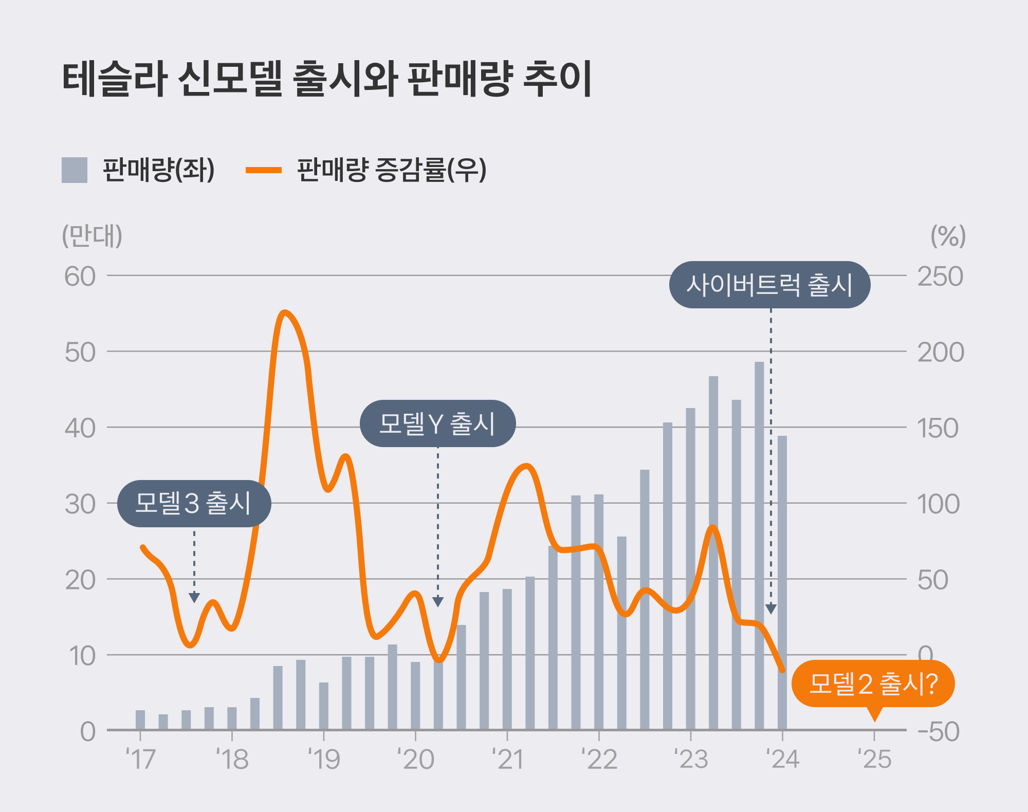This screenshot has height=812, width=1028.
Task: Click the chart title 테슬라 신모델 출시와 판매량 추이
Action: [327, 79]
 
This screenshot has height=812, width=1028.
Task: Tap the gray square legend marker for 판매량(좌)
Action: [75, 170]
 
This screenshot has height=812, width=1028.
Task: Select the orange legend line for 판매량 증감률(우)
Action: [263, 170]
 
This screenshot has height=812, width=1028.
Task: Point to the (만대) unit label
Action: [92, 236]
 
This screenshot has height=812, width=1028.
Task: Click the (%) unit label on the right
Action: [948, 236]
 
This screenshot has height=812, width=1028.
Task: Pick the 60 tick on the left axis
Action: [80, 276]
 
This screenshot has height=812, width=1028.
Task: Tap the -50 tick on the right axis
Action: [939, 731]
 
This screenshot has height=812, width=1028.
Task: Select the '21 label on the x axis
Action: [508, 759]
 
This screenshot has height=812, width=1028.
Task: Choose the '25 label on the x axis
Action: [875, 759]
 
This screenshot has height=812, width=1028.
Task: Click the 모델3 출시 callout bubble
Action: [194, 503]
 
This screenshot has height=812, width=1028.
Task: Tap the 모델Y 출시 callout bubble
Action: [437, 423]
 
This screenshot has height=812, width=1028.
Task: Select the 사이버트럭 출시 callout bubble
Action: [769, 285]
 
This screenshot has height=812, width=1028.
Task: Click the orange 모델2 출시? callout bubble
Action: [873, 684]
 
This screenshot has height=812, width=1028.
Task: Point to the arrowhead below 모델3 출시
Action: [194, 598]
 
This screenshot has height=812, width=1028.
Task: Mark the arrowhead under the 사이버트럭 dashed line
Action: [771, 609]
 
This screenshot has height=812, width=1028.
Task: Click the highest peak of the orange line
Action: [285, 312]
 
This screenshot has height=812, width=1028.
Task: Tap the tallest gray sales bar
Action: [759, 545]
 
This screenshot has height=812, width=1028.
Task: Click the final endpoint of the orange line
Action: [782, 670]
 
